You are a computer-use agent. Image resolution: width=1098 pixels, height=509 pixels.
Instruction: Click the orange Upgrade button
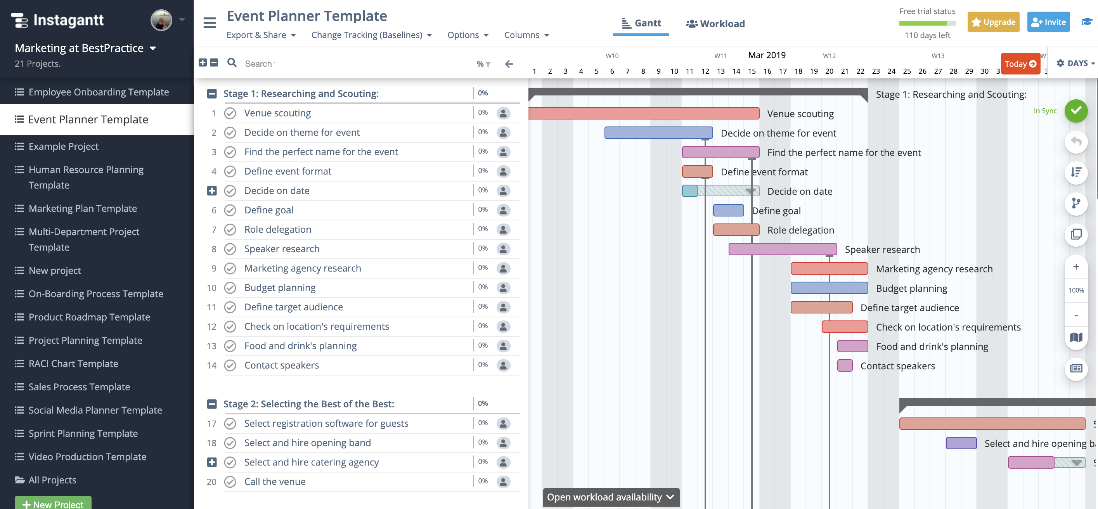993,22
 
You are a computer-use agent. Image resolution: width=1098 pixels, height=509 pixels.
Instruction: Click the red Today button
1020,64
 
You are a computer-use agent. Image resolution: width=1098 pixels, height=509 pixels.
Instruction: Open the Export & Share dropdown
261,35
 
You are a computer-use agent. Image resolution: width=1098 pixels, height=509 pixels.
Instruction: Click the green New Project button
53,504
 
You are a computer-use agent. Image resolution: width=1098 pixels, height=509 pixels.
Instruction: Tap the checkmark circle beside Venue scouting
230,113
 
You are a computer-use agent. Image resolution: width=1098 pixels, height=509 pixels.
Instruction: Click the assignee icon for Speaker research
503,249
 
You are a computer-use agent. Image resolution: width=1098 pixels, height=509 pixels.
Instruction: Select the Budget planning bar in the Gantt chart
829,288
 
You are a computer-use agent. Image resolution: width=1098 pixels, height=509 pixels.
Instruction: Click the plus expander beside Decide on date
212,191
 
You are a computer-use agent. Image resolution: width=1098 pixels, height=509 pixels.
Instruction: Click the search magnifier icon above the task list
232,63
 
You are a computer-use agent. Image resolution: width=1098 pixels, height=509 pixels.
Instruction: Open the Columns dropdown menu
526,35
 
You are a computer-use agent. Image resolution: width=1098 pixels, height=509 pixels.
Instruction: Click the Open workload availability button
610,497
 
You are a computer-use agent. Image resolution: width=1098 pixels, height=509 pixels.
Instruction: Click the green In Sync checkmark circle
1075,111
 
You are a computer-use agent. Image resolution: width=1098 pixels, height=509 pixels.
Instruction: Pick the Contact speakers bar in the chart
844,366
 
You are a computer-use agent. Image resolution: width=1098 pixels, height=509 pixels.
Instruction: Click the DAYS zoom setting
1075,63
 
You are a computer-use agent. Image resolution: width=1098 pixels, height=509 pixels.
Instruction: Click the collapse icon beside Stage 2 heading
212,404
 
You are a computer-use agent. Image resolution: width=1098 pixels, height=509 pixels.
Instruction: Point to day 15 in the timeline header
752,71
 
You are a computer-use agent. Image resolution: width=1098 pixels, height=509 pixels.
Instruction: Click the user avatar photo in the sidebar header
161,20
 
